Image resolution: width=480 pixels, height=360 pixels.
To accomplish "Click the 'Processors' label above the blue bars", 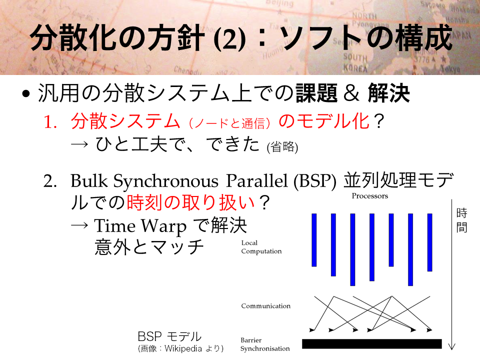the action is [370, 196].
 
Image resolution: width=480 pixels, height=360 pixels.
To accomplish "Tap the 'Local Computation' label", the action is [261, 247].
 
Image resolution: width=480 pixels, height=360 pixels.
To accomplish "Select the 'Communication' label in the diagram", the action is [265, 306].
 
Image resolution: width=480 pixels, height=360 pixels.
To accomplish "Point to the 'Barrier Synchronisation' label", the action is [265, 344].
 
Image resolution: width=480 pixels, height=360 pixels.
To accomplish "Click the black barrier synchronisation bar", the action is [371, 344].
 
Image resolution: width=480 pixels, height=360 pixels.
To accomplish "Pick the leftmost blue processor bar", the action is [314, 240].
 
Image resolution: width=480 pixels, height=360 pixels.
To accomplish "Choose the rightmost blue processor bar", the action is [430, 242].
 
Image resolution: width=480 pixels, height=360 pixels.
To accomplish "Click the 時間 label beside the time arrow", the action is [461, 220].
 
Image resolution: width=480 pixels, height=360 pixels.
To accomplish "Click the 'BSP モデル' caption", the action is [169, 336].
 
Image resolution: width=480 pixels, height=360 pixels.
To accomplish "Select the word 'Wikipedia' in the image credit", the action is [183, 348].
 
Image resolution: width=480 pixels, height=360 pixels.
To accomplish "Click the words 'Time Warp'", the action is [140, 226].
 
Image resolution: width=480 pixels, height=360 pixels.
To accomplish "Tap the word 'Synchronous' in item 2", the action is [165, 181].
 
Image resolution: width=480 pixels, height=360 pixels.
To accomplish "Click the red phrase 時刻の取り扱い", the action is [190, 202].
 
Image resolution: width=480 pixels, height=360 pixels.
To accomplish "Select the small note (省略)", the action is [282, 147].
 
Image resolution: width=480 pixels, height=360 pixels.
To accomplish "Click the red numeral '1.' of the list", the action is [50, 122].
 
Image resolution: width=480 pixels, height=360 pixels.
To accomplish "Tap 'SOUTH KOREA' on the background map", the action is [355, 62].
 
